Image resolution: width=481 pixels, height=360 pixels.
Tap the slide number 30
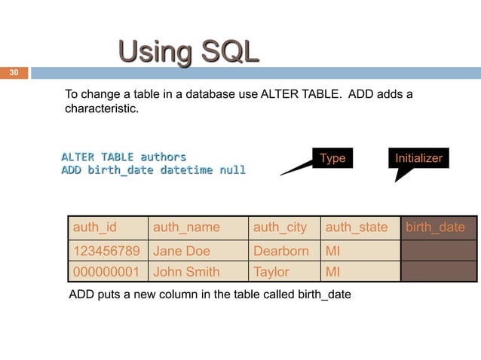click(x=13, y=73)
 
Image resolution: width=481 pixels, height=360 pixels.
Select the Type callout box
click(x=332, y=158)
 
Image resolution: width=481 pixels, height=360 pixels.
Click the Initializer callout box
click(x=418, y=158)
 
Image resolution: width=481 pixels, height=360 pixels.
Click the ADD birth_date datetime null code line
click(x=153, y=170)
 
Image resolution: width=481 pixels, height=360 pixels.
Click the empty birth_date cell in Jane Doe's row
click(x=438, y=251)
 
